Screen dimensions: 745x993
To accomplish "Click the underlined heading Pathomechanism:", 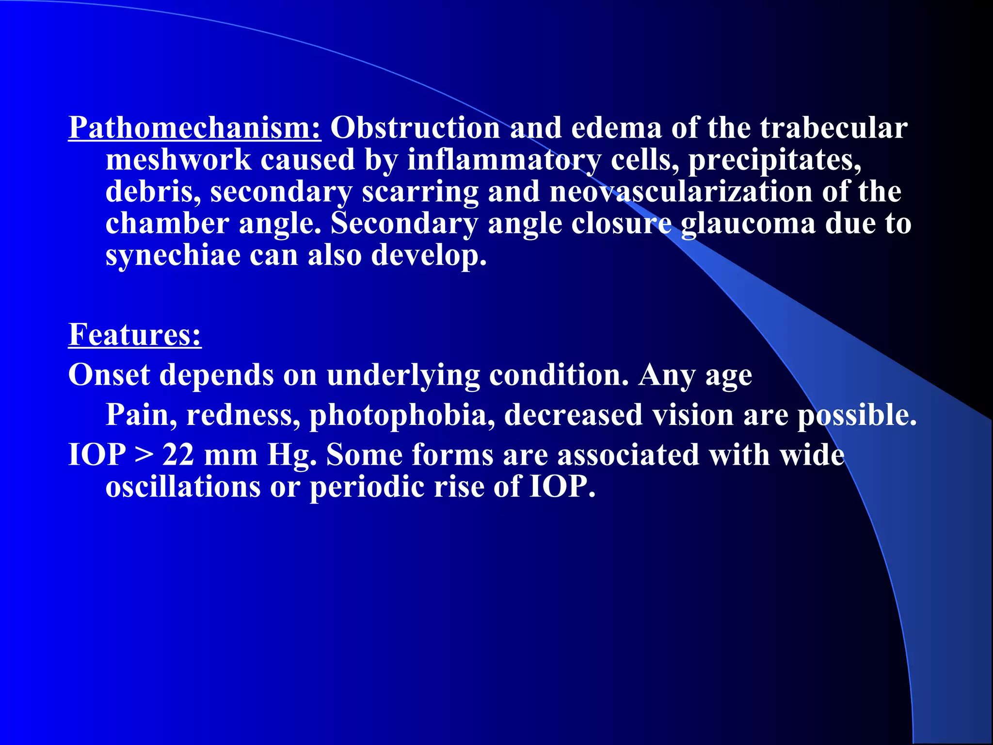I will (x=194, y=129).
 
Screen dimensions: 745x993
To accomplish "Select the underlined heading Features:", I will (x=135, y=335).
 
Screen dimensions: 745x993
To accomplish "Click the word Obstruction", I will (x=415, y=129).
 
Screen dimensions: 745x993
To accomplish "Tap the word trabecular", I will (x=833, y=129).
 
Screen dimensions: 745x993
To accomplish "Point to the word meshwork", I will (x=178, y=160).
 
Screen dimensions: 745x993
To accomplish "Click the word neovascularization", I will (x=681, y=192).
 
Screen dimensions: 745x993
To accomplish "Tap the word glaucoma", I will (x=748, y=224).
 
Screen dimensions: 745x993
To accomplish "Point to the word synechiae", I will (x=173, y=256).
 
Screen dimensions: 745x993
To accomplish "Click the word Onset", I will (x=109, y=375).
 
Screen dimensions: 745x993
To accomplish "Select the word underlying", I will (x=403, y=376).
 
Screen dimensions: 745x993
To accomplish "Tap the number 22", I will (x=178, y=455).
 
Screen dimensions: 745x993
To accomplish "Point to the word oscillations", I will (x=183, y=486).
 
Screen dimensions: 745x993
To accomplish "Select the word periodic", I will (x=367, y=487).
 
